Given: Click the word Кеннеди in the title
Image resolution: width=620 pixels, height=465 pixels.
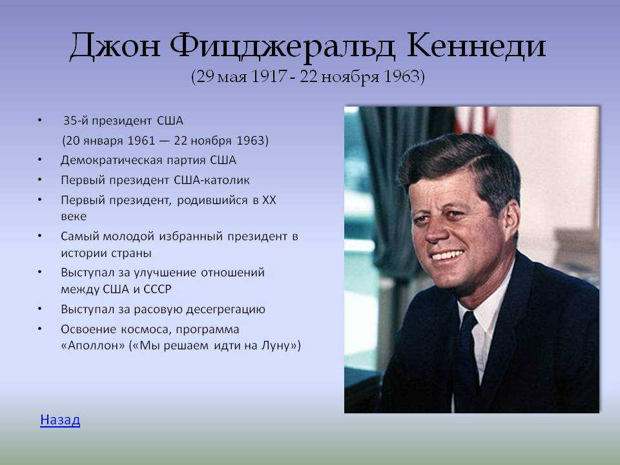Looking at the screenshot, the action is click(x=476, y=46).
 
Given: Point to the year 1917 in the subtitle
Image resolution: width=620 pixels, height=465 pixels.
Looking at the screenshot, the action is click(x=269, y=76).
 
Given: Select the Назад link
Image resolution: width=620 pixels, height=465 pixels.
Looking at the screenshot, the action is click(x=60, y=420).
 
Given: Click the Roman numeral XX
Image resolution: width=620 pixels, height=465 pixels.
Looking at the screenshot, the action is click(x=269, y=200).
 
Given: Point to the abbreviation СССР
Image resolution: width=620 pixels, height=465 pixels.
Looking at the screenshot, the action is click(x=158, y=289).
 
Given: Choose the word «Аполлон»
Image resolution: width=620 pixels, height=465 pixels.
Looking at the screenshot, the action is click(x=93, y=346).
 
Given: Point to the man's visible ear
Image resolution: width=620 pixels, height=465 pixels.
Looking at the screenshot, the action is click(x=512, y=221).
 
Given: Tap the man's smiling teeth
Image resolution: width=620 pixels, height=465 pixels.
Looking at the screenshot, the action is click(x=447, y=255).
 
